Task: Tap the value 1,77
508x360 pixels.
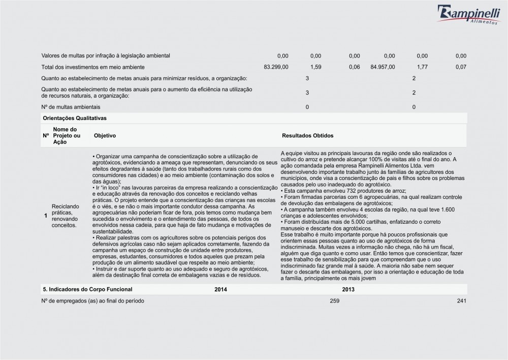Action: click(422, 67)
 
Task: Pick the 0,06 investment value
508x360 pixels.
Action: click(355, 67)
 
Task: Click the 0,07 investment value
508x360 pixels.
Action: click(461, 67)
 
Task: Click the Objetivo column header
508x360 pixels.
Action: click(105, 136)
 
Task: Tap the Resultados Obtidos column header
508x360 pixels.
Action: click(307, 136)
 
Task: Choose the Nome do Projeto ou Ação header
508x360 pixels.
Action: click(67, 136)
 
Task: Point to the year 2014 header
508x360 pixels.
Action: click(221, 289)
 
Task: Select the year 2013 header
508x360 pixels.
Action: click(348, 289)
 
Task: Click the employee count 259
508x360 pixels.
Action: click(334, 301)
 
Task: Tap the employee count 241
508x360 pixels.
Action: click(461, 301)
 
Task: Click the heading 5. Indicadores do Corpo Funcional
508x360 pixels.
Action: click(87, 289)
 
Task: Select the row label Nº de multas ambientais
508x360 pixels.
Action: click(71, 107)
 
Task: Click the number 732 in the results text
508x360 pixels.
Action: click(337, 190)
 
